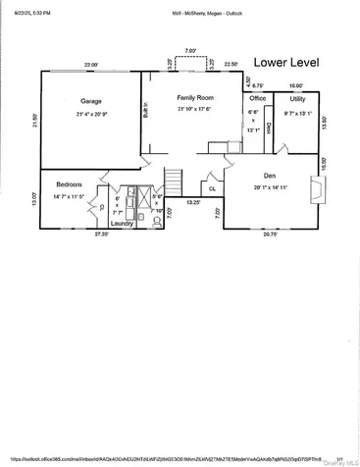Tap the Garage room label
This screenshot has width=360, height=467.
pyautogui.click(x=90, y=101)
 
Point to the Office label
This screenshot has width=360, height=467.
pyautogui.click(x=258, y=98)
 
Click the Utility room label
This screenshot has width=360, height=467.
pyautogui.click(x=297, y=99)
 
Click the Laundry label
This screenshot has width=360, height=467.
pyautogui.click(x=122, y=223)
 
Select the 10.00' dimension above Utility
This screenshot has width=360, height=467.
pyautogui.click(x=296, y=86)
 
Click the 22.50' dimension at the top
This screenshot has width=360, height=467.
pyautogui.click(x=231, y=65)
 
